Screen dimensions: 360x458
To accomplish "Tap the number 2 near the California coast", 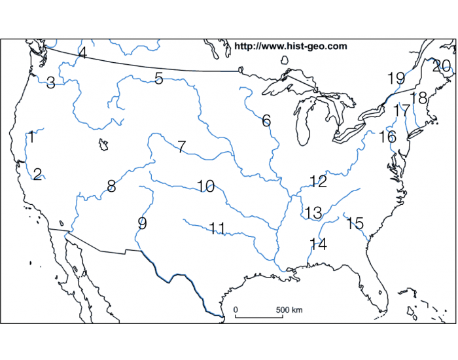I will [37, 173].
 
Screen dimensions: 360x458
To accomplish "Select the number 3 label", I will [50, 82].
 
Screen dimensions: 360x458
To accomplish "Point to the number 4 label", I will [82, 52].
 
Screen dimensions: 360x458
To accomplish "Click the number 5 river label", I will [159, 79].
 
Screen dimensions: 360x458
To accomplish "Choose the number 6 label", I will [266, 120].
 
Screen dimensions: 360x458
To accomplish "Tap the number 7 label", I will [181, 147].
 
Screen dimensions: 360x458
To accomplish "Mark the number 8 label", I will [111, 186].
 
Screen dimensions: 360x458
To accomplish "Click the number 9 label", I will [142, 223].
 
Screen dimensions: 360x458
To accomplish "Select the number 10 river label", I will [205, 186].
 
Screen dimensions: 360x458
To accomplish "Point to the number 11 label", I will [217, 228].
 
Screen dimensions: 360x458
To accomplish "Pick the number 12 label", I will [318, 181].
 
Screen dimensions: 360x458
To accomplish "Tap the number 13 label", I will [313, 212].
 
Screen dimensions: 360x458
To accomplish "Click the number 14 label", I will [318, 244].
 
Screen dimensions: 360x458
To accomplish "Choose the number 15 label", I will [355, 223].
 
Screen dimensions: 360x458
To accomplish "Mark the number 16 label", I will [387, 137].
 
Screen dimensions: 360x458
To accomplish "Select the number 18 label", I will [419, 98].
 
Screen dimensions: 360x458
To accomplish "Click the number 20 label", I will [442, 65].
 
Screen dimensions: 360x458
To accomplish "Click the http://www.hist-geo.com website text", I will [291, 46].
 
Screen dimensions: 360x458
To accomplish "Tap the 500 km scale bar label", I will [289, 309].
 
